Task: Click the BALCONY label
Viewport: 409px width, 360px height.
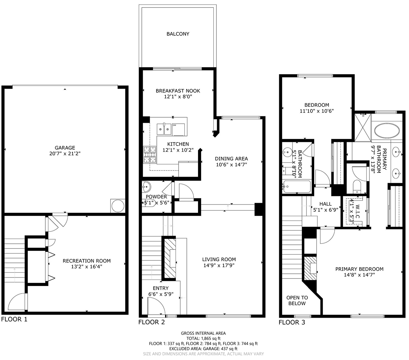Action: (178, 34)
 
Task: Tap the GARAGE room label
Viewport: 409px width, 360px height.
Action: (65, 148)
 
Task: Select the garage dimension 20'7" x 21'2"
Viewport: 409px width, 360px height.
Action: (65, 153)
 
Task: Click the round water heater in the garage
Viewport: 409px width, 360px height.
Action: (118, 206)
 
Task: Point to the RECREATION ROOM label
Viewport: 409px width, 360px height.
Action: (87, 261)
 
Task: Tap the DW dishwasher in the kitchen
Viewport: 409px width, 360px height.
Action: (179, 130)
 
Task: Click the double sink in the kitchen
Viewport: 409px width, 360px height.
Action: (164, 129)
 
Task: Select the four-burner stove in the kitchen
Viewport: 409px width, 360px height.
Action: (150, 155)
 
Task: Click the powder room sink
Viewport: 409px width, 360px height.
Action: (146, 187)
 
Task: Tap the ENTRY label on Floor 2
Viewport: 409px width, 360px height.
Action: (161, 288)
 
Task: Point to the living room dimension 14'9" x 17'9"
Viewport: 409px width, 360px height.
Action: (219, 265)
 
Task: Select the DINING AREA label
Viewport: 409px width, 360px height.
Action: (231, 159)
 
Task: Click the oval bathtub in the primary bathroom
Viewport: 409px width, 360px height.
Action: (387, 131)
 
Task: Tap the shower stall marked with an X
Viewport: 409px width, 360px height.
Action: (363, 127)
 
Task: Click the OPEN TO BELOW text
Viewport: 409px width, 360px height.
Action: (297, 300)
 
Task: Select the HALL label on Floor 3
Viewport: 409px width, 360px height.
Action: (325, 204)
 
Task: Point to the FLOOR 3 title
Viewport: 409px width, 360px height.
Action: (292, 322)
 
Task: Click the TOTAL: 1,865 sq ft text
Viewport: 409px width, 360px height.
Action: (203, 338)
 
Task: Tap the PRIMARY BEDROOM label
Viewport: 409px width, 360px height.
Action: (359, 269)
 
